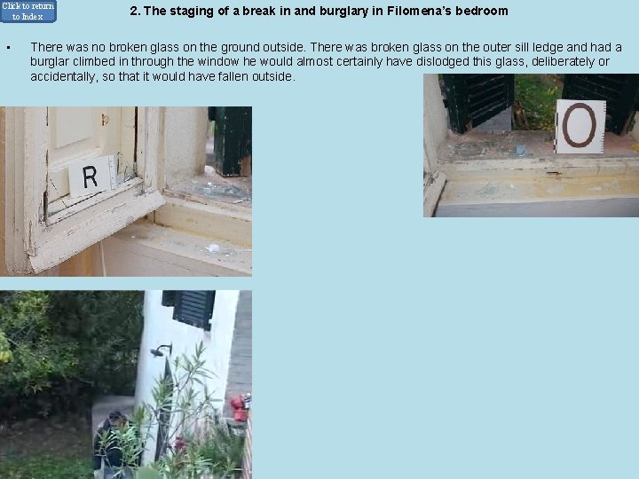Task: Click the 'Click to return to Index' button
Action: click(28, 11)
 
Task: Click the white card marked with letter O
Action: click(580, 126)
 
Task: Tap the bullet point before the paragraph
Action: click(8, 48)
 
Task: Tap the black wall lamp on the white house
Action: click(161, 349)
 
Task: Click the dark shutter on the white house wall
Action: click(189, 309)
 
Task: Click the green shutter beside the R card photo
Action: click(230, 141)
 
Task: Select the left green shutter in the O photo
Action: click(477, 102)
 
